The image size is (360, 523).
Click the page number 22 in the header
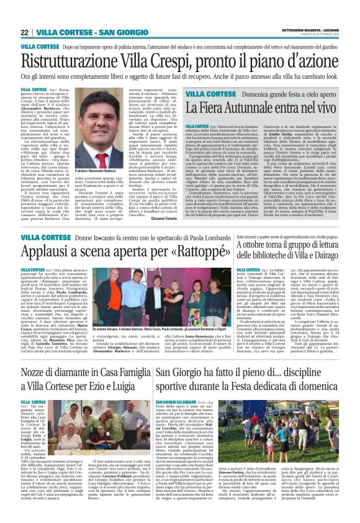24,32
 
